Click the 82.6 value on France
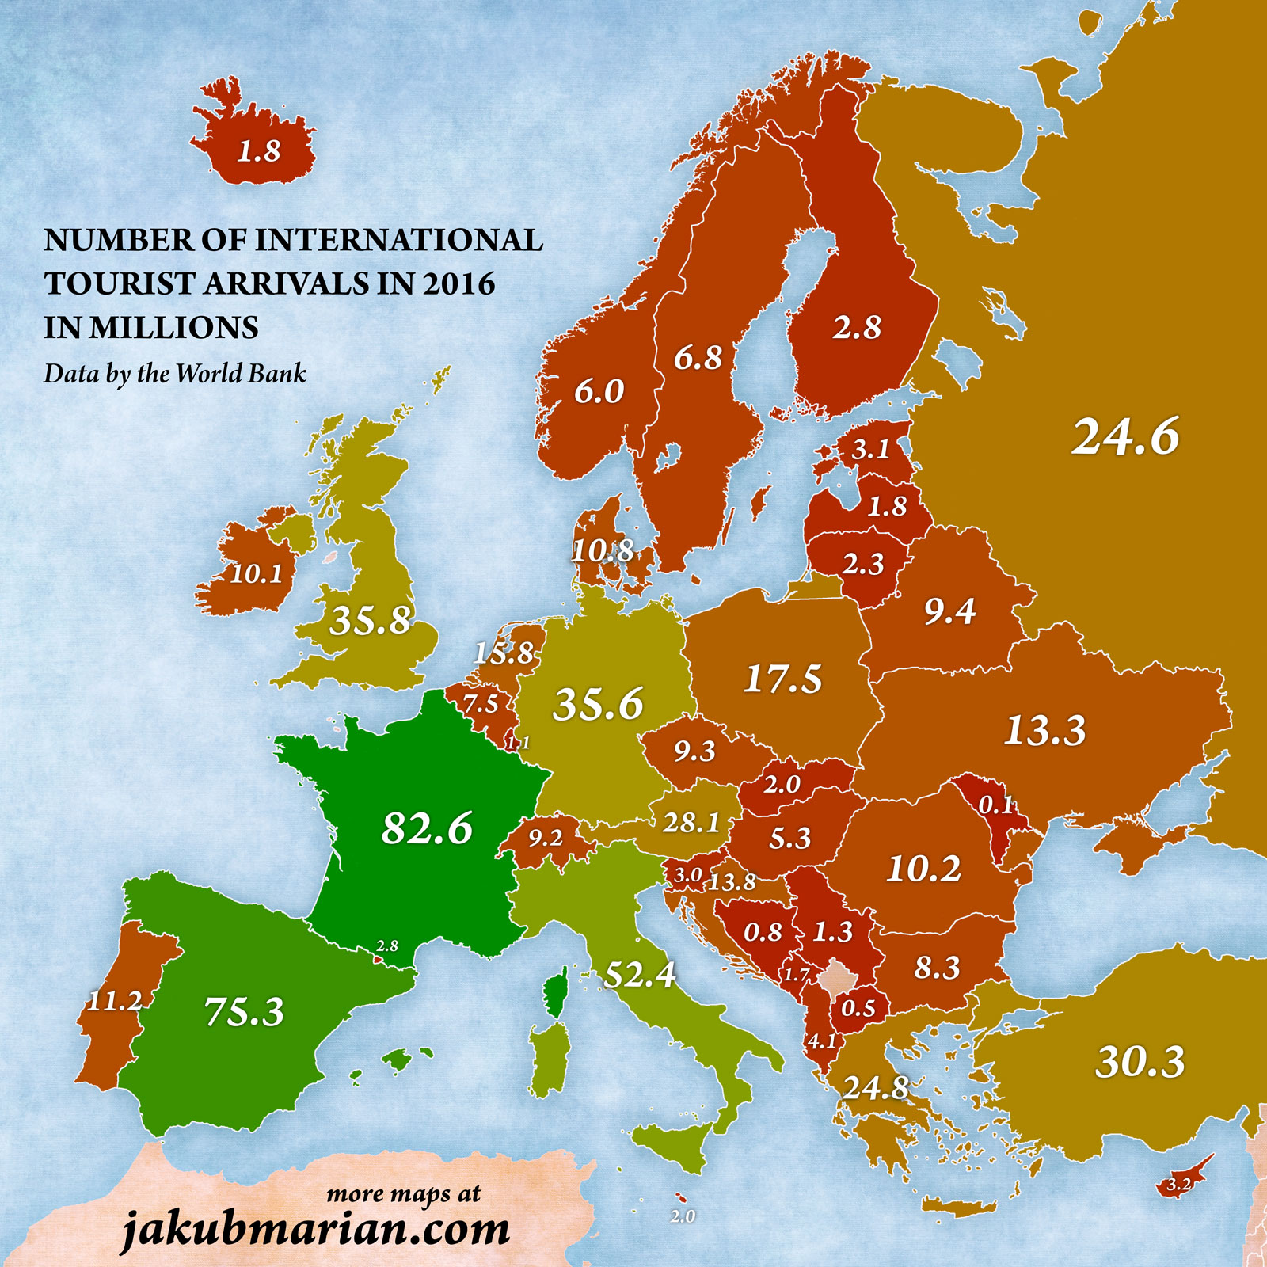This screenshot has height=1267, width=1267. coord(427,828)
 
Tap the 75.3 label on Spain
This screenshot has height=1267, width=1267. coord(244,1011)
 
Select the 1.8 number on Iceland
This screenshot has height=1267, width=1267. coord(259,150)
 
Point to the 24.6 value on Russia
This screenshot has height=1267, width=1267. coord(1125,436)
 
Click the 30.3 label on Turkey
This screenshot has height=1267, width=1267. coord(1140,1062)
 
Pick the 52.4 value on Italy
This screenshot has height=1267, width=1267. coord(639,974)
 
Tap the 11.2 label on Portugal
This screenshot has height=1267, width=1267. coord(114,1001)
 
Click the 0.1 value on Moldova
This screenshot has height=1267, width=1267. coord(996,805)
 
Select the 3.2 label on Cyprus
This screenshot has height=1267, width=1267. coord(1178,1185)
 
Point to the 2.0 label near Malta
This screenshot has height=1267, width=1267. coord(683,1216)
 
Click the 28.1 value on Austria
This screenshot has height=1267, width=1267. coord(691,823)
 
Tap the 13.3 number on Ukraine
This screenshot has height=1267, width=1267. coord(1045,730)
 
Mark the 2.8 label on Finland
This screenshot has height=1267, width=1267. coord(856,327)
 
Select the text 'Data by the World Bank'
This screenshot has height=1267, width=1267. coord(174,373)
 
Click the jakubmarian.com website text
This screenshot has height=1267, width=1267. coord(315,1230)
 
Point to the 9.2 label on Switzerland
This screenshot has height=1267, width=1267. coord(545,838)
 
